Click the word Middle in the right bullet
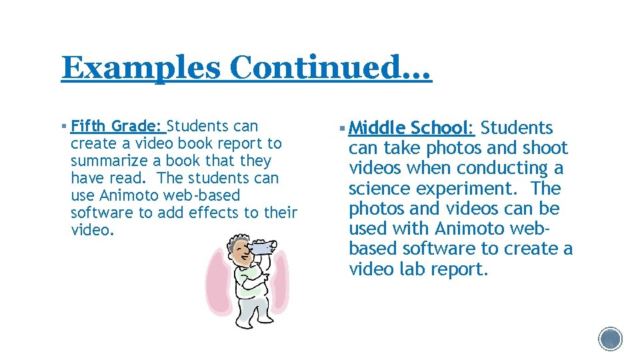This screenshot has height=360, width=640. (x=377, y=128)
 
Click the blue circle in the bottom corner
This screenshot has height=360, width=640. (x=610, y=339)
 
